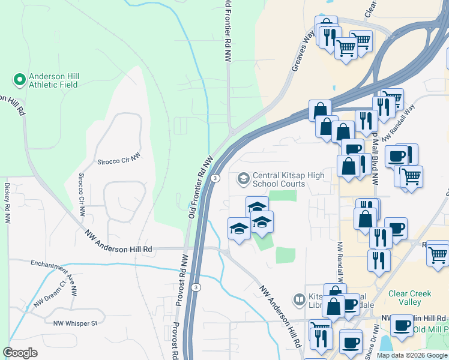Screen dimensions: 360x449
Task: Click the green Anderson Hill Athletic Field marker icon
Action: [19, 79]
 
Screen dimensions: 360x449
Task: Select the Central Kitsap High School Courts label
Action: [288, 179]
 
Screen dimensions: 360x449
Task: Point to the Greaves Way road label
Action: [303, 53]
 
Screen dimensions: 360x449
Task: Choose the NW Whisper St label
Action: [75, 323]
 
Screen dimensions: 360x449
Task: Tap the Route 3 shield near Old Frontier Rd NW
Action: [214, 178]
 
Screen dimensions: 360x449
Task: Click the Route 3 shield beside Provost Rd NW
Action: [196, 288]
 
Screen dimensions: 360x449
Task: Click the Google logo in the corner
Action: [20, 353]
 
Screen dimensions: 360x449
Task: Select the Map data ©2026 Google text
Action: [412, 355]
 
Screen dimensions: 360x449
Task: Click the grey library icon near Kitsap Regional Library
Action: [298, 298]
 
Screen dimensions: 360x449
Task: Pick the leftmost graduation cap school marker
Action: [239, 229]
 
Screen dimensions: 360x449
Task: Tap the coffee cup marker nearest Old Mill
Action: [401, 326]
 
